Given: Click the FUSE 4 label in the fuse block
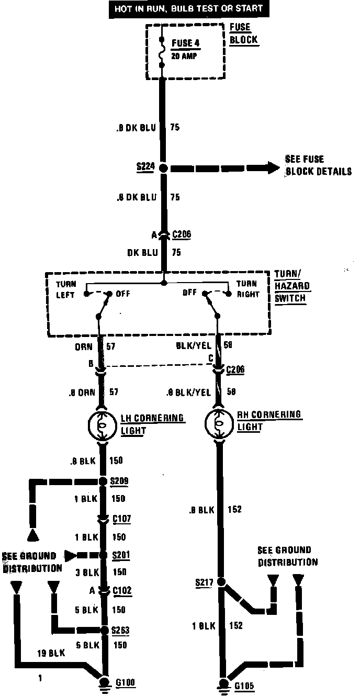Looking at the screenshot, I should (185, 43).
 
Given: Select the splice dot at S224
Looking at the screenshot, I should (163, 169).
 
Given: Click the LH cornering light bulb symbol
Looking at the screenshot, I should (103, 424).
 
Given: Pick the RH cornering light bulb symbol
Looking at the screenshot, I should (220, 422).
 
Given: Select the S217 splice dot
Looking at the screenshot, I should (221, 581).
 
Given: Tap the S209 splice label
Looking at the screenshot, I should (120, 481).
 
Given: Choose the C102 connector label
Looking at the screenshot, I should (121, 591).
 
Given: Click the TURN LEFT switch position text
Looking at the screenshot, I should (66, 289).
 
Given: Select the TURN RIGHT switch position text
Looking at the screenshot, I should (248, 289).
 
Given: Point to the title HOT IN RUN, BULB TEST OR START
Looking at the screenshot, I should (186, 8).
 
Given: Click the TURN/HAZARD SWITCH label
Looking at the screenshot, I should (292, 286).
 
